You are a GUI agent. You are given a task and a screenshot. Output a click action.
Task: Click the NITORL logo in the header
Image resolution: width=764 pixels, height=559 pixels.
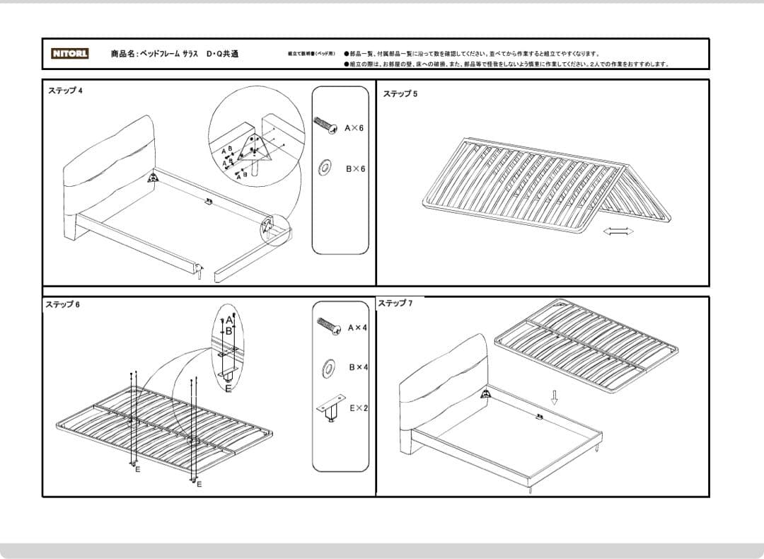pos(70,54)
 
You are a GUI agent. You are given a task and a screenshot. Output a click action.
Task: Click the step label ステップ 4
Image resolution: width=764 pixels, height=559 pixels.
pos(66,91)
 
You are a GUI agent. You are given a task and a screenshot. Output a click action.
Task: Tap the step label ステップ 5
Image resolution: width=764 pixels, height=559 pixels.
pos(400,94)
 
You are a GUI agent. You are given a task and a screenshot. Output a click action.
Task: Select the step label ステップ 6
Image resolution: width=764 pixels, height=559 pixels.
pos(63,305)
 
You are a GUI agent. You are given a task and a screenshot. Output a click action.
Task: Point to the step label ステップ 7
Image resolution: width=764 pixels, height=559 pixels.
pos(395,304)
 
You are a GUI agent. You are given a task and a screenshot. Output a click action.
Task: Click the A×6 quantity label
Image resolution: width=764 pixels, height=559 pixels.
pos(354,129)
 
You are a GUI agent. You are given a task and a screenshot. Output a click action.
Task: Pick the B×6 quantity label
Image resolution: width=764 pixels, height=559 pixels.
pos(355,169)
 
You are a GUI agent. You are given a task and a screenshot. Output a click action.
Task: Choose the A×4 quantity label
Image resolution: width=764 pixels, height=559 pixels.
pos(358,328)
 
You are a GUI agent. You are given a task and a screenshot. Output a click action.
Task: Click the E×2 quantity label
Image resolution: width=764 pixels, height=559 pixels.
pos(359,408)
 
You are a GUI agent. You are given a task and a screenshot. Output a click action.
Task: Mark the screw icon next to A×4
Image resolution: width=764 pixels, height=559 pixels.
pos(329,326)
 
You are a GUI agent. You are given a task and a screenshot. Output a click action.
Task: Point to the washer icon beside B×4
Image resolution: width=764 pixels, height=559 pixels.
pos(329,367)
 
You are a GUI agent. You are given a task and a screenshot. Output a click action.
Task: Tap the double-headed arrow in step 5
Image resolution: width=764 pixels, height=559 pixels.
pos(617,231)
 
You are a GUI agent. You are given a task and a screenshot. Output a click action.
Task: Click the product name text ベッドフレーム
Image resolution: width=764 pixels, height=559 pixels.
pos(158,54)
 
